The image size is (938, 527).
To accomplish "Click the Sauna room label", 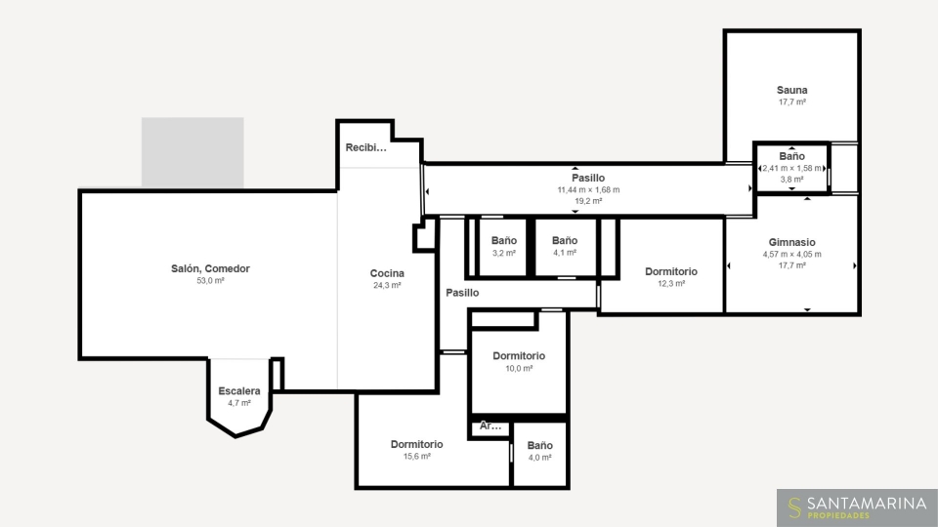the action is point(792,90).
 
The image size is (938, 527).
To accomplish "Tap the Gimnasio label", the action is point(792,242).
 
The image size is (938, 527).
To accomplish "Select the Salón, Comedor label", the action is point(211,269).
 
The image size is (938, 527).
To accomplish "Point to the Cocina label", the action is point(387,273).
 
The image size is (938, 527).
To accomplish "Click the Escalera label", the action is point(239,390).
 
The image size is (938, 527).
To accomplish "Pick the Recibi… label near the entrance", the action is point(366,147).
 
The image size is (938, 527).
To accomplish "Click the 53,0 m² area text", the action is point(211,280).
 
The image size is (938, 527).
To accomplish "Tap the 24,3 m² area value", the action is point(387,285).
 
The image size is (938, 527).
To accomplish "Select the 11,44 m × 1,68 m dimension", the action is point(588,190).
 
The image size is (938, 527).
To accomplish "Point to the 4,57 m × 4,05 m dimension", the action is point(792,254).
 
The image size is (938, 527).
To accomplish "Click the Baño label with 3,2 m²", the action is point(504,240).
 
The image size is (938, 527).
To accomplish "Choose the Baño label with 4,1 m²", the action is point(565,240).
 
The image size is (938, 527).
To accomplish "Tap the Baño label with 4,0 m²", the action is point(540,445).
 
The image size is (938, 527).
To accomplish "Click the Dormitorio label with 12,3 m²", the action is point(671,271).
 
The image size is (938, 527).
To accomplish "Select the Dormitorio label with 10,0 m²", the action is point(519,355).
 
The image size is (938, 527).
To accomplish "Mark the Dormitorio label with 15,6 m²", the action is point(417,444).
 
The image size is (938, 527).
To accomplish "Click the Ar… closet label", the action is point(490,426).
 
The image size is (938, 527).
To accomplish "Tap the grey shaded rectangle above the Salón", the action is point(192,152).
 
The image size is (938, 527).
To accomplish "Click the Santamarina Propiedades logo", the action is point(857,507).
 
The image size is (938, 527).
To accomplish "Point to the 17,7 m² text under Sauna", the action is point(792,102).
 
